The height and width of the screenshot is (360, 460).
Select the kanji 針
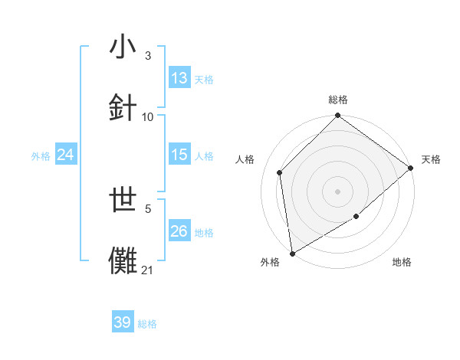[123, 107]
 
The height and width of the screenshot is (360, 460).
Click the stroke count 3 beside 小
[148, 56]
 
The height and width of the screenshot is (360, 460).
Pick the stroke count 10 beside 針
[148, 116]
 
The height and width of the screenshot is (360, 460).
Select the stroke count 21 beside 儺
[148, 270]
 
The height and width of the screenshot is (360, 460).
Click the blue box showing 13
[179, 78]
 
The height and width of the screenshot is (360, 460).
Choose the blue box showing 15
[179, 155]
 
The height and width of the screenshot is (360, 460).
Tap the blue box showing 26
[179, 231]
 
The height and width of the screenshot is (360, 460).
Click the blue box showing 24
[66, 155]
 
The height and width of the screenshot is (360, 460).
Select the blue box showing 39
[123, 322]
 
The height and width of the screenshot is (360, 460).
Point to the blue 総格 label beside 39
[148, 324]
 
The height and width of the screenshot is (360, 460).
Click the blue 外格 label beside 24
[41, 155]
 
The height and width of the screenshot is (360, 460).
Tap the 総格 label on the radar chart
[338, 100]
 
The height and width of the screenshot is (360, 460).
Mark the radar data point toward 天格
[411, 169]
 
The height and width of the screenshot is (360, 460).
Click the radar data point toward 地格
[356, 218]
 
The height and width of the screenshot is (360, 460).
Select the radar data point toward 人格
[280, 172]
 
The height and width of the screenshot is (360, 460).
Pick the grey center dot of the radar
[338, 191]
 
